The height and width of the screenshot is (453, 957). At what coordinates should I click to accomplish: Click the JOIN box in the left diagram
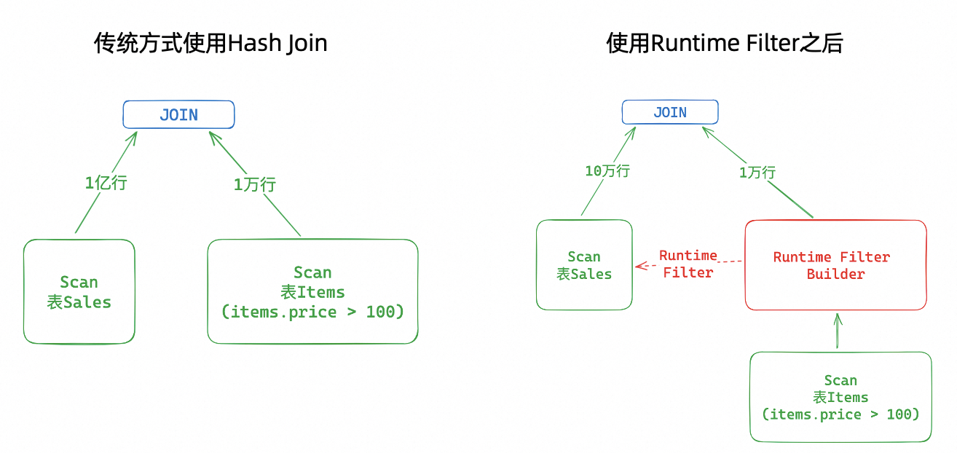click(178, 115)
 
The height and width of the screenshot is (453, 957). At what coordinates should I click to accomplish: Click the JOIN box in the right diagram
click(669, 112)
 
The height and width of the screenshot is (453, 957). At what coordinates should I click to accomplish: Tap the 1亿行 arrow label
click(106, 183)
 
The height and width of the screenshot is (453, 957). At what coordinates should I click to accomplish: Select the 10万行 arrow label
click(607, 171)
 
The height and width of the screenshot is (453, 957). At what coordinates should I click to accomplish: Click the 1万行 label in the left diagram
click(255, 185)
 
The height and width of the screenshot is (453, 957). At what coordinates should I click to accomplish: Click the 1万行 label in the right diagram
click(757, 173)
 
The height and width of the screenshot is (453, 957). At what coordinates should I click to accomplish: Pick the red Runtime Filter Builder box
click(835, 265)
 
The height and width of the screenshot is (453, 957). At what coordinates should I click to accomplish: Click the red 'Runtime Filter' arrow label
click(688, 264)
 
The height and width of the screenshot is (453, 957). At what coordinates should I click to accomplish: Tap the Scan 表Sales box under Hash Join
click(79, 291)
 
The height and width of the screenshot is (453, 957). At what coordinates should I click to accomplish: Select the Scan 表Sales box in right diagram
click(584, 265)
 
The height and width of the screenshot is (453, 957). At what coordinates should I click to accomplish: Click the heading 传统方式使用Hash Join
click(210, 44)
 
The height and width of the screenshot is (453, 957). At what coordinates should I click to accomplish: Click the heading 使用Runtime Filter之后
click(724, 44)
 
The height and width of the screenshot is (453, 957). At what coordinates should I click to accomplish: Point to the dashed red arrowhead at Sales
click(641, 266)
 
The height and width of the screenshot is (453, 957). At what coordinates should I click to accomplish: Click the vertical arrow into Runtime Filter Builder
click(838, 331)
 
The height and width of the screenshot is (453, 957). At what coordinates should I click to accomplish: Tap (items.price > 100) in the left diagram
click(312, 312)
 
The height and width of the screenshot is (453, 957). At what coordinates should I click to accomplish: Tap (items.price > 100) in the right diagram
click(840, 414)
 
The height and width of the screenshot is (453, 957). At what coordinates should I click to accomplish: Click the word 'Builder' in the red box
click(835, 275)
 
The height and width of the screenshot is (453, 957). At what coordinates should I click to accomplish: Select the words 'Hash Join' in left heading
click(277, 44)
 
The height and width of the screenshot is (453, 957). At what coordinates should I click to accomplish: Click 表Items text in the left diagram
click(312, 292)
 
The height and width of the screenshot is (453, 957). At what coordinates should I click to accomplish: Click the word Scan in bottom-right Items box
click(840, 381)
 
